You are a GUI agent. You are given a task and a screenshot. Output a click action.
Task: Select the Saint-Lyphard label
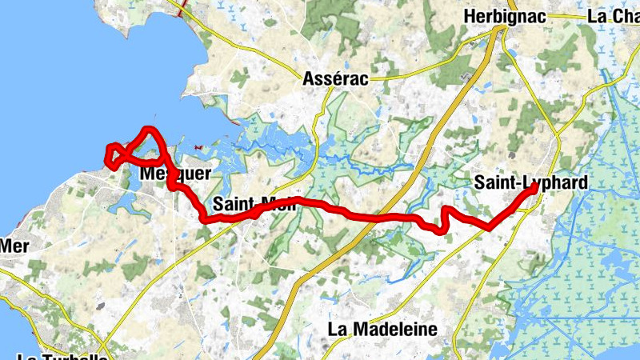pos(530,182)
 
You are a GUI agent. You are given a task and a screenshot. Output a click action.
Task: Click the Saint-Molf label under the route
pos(254,203)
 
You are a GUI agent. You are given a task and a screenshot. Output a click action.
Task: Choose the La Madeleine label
pos(382,329)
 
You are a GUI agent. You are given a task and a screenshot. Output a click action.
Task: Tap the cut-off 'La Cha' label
pos(613,16)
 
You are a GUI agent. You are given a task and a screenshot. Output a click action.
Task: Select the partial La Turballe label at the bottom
pos(62,355)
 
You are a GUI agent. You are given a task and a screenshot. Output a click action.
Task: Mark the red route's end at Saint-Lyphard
pos(534,186)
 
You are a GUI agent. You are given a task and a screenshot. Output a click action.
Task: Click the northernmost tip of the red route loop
pos(149,129)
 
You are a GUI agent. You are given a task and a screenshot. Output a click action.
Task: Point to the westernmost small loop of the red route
pos(113,154)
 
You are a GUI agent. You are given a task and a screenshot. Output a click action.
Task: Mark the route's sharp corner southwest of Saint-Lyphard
pos(488,226)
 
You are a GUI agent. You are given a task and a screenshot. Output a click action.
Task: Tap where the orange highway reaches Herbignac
pos(500,30)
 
